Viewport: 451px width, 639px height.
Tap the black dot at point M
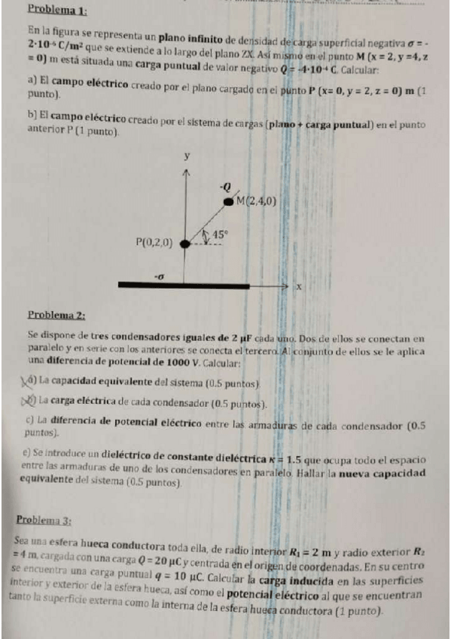coord(228,202)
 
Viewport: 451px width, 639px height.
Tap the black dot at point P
coord(184,243)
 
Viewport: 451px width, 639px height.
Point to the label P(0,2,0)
coord(154,243)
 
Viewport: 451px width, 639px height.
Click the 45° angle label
coord(219,234)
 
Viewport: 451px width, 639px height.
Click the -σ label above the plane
coord(158,277)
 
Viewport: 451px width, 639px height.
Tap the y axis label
coord(186,156)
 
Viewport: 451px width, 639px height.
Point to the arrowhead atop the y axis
coord(185,173)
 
